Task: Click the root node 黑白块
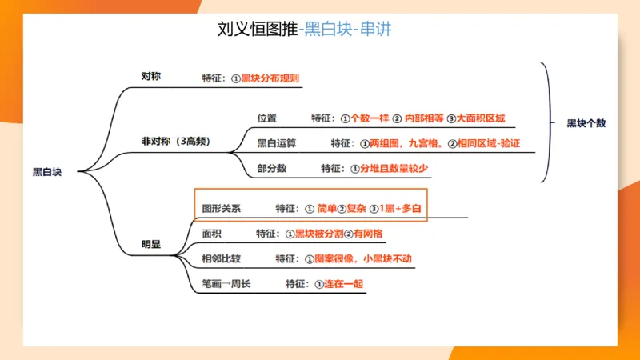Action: [x=46, y=171]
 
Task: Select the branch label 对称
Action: [x=151, y=76]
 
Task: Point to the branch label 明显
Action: [x=150, y=244]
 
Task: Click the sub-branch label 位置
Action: [x=267, y=118]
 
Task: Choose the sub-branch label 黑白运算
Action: [x=277, y=144]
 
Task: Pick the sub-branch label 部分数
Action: [x=272, y=169]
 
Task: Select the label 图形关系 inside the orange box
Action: [x=222, y=208]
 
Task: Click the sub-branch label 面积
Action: [x=212, y=234]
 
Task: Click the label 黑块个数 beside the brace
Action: [x=586, y=123]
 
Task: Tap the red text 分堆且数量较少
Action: [x=395, y=169]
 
